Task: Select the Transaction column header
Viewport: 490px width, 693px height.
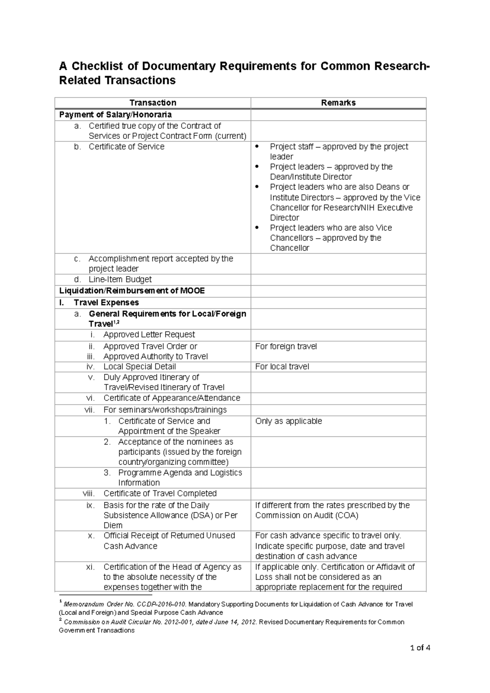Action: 153,103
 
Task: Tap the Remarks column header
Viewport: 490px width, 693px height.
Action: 338,103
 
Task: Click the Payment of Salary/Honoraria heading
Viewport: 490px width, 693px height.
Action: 115,114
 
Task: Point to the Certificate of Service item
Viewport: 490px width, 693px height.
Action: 126,147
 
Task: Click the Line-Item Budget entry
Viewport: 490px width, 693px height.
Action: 120,279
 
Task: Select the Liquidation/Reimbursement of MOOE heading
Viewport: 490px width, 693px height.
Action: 132,291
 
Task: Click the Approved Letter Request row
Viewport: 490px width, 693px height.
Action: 149,335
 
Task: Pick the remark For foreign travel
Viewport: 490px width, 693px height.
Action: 286,346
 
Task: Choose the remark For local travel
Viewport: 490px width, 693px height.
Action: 282,367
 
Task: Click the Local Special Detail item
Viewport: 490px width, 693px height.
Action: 140,367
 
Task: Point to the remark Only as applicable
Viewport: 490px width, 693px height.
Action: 288,421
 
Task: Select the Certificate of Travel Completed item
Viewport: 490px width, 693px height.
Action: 160,494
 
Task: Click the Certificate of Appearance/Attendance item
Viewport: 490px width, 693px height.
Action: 171,398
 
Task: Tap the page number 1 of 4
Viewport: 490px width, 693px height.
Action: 420,648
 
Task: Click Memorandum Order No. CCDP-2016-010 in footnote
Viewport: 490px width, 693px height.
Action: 125,604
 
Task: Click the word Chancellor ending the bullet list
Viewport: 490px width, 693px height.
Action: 290,248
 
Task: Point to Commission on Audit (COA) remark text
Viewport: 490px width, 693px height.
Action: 307,516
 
